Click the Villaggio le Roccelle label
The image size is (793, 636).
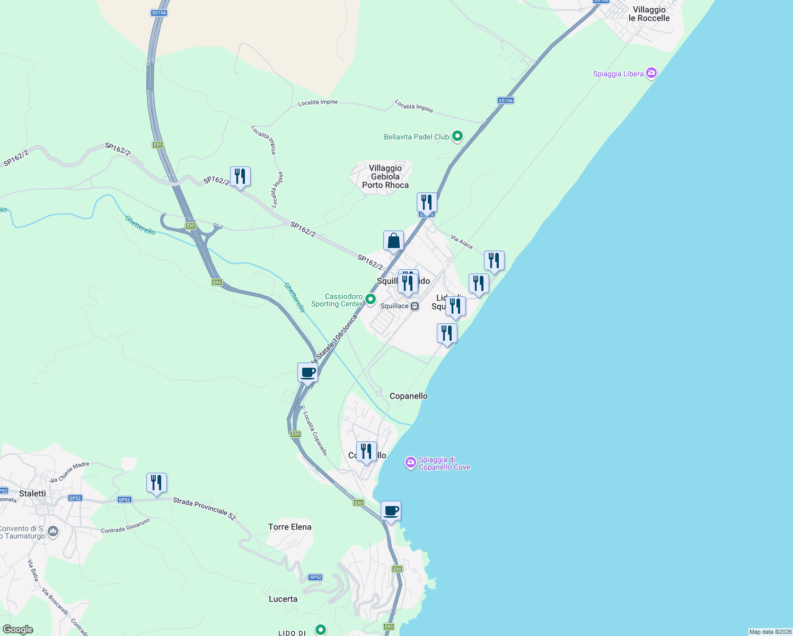point(649,14)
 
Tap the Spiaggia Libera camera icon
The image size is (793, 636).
point(651,73)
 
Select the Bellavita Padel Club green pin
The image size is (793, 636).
point(457,136)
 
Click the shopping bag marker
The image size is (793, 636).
point(393,241)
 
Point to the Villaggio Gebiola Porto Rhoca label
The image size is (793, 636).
point(385,176)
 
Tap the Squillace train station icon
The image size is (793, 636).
point(415,306)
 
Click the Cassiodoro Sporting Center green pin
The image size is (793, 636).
point(371,299)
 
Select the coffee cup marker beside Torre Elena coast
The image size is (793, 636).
point(391,511)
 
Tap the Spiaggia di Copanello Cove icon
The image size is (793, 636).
point(410,463)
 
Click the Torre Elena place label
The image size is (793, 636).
point(289,527)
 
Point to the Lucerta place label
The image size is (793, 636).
point(283,599)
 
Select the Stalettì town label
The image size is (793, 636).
point(32,493)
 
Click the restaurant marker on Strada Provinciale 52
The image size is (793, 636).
point(156,483)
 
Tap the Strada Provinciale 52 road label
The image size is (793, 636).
point(204,508)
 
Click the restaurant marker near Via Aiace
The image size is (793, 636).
point(494,261)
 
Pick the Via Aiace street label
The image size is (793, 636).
point(462,242)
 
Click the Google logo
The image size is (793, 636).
point(18,630)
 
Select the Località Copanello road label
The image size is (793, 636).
point(315,434)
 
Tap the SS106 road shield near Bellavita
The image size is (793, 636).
point(506,101)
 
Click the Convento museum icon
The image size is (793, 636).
point(52,532)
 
